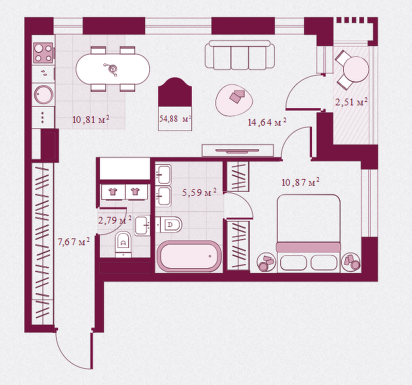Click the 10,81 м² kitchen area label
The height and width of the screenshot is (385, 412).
pos(91,120)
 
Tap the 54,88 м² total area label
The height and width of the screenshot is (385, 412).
pos(174,119)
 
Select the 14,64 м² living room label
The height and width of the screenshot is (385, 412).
pos(267,122)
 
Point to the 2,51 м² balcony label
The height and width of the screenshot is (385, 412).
pos(351,103)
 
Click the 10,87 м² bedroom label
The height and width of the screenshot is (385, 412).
pos(299,182)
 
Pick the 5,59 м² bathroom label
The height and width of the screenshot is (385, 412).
pos(199,192)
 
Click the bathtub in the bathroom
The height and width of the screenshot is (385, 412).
pos(188,257)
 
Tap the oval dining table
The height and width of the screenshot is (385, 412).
pos(113,68)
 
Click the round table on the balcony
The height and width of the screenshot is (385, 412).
pos(356,68)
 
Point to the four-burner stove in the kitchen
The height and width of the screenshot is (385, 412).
pos(44,53)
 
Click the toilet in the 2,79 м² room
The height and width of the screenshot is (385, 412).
pos(123,244)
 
